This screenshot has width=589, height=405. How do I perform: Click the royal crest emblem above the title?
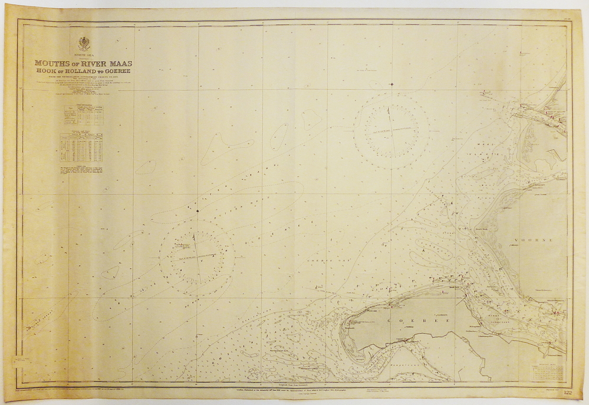point(84,43)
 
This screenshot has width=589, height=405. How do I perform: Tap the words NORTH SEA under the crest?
point(83,54)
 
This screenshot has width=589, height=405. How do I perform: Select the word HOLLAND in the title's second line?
point(83,71)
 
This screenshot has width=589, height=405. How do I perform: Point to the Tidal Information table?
point(83,114)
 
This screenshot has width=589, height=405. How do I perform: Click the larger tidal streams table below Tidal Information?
point(83,150)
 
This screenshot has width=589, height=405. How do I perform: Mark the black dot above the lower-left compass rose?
point(198,210)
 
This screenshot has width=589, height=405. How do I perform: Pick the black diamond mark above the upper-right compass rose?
point(391,84)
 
